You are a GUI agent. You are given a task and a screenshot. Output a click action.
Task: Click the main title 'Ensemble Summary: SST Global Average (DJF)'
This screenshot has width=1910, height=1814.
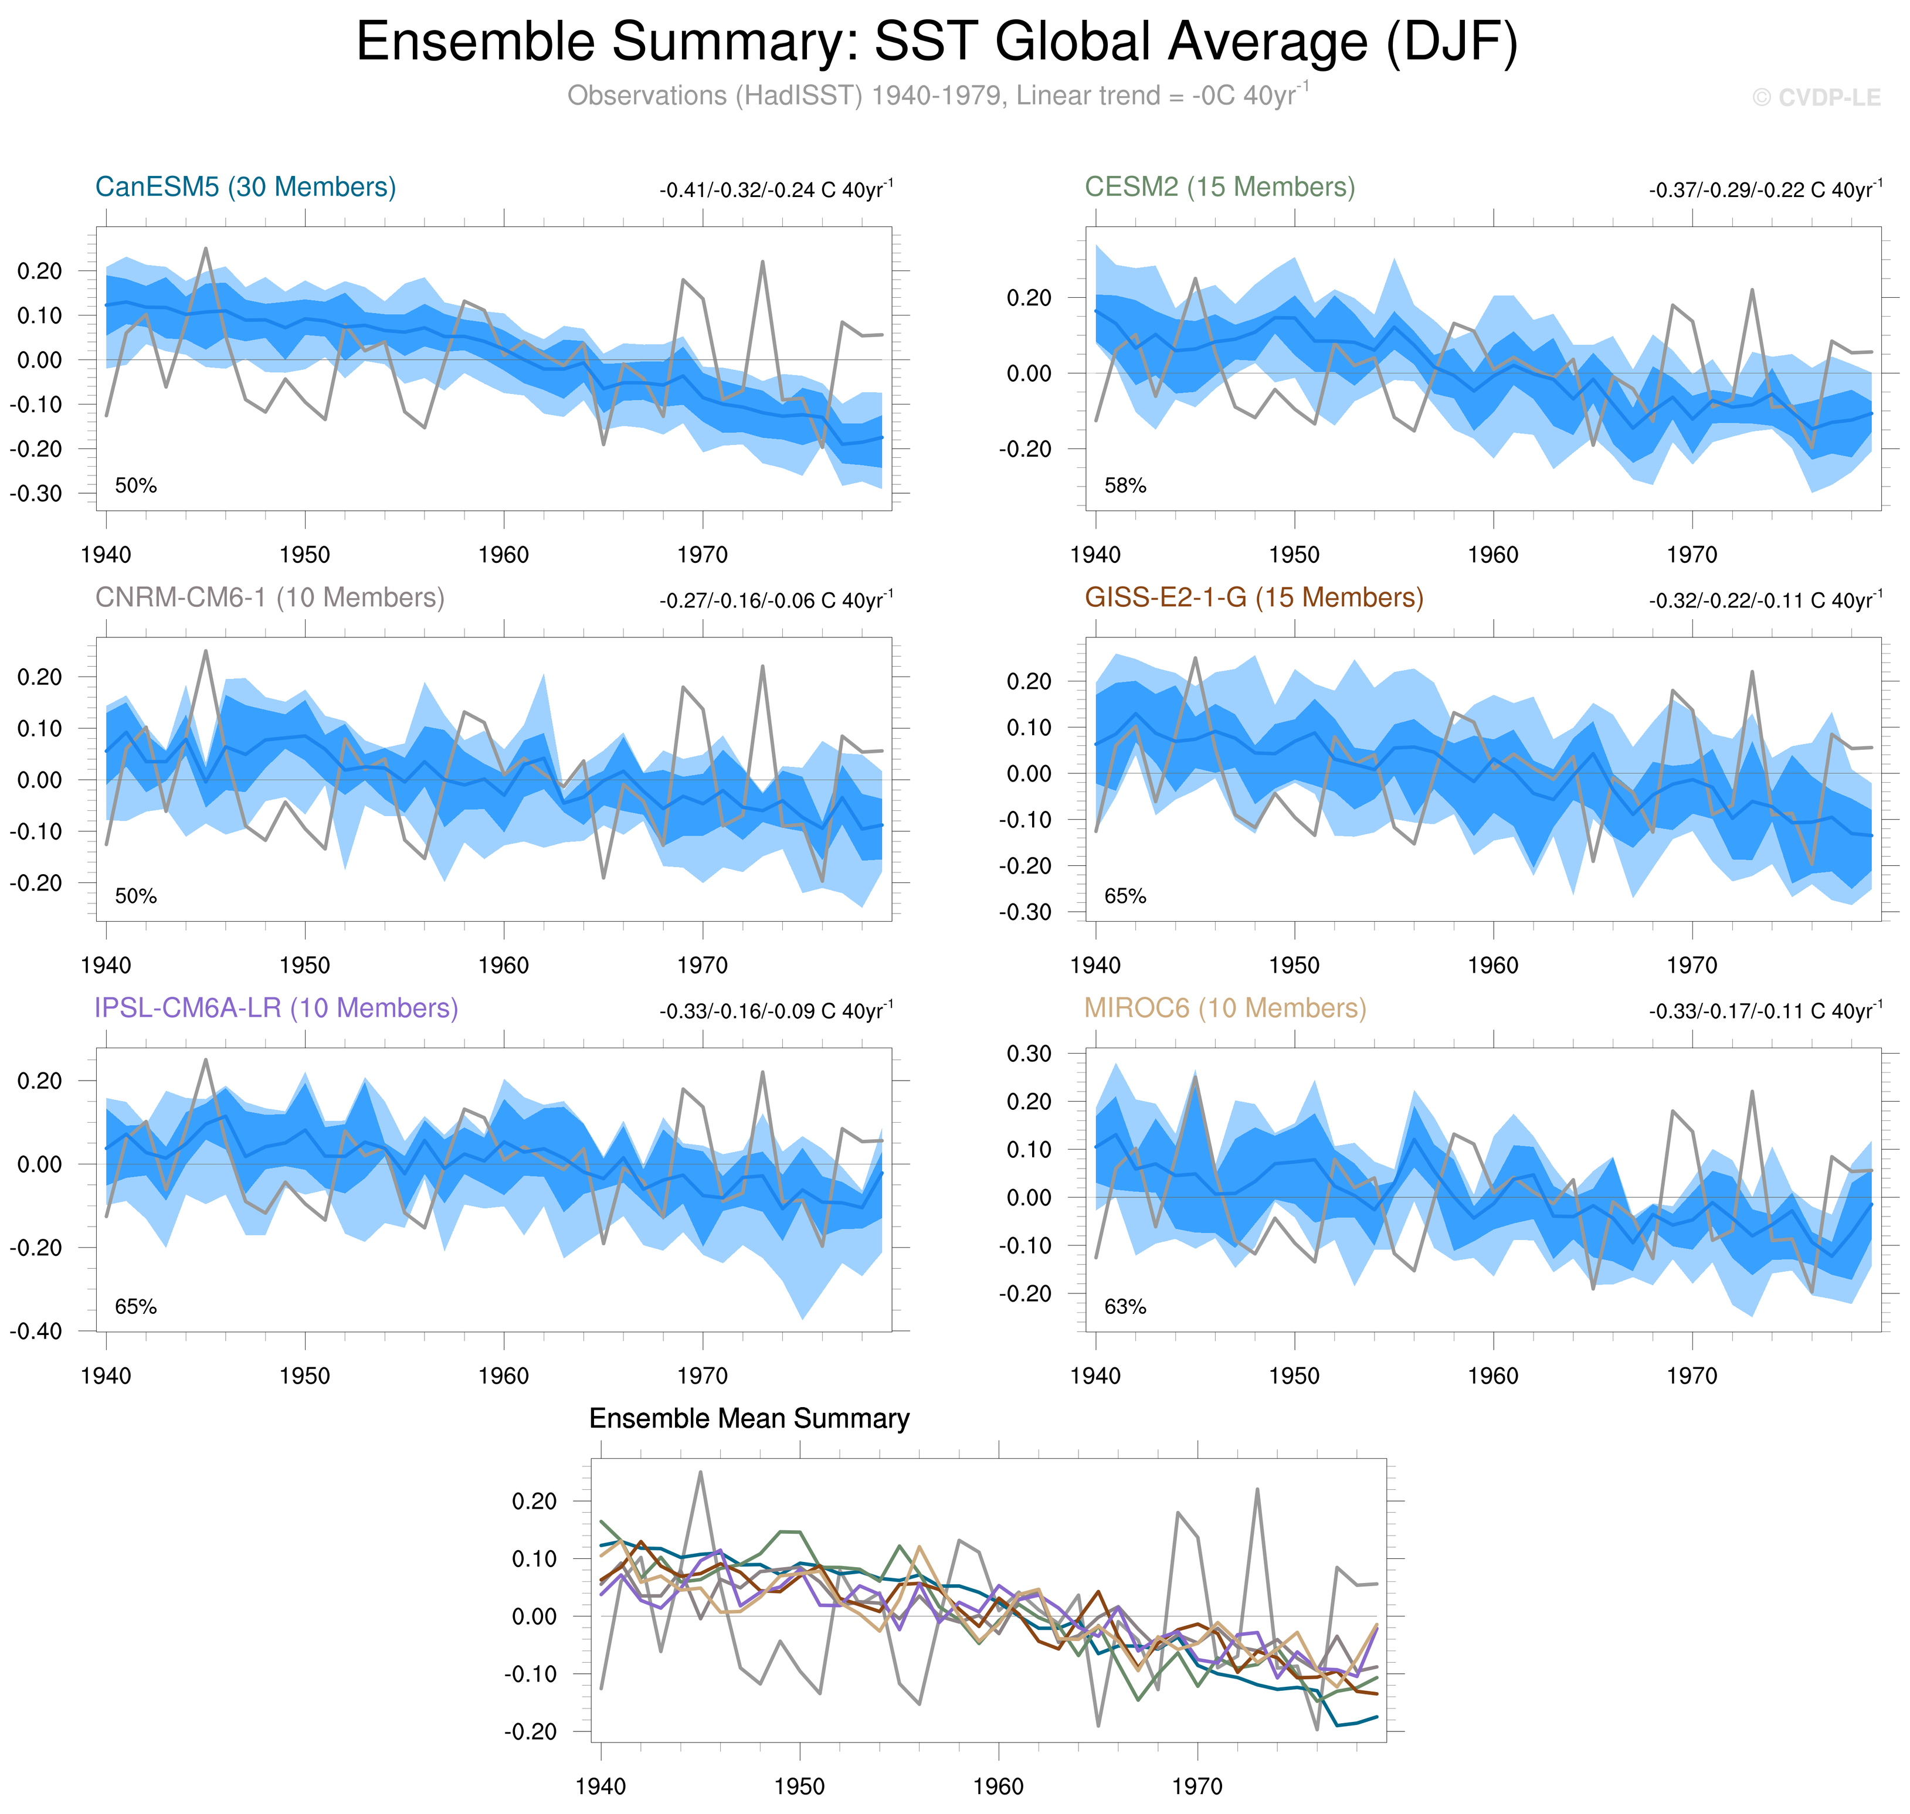936,43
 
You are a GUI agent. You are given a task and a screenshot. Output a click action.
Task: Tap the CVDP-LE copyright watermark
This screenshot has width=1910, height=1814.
1816,98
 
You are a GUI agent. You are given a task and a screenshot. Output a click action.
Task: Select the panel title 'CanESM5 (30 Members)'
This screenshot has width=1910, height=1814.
246,186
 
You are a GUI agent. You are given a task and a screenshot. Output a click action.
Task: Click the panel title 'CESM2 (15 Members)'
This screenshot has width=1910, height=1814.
1220,186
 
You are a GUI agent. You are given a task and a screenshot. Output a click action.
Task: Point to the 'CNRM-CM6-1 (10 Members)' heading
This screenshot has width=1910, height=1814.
270,597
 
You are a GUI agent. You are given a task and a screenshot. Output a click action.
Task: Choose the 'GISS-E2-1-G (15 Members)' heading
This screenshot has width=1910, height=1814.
1253,597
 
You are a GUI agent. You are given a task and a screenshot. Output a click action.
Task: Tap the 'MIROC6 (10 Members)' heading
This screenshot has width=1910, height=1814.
1224,1008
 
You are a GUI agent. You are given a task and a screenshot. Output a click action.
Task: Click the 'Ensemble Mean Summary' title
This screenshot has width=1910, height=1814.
749,1418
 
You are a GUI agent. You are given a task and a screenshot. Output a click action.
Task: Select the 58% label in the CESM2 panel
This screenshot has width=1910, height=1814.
1125,485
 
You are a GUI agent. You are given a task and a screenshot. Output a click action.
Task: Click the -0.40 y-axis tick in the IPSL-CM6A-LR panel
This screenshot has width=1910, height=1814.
36,1331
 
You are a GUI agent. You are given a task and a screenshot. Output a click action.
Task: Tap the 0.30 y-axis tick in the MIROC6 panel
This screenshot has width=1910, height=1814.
1029,1054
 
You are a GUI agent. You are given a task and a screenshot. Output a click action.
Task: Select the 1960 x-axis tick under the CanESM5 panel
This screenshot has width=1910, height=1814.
503,555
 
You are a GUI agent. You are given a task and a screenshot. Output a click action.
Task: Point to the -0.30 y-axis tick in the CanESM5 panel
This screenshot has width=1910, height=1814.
36,493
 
